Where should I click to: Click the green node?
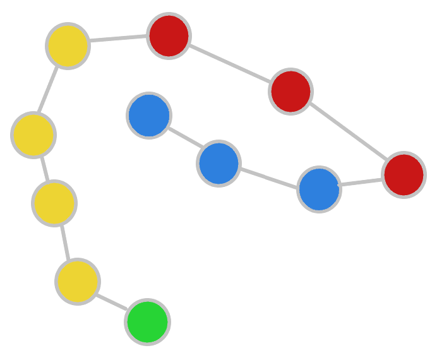tap(147, 322)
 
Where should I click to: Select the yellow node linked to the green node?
tap(77, 282)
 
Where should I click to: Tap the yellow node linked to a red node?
tap(68, 45)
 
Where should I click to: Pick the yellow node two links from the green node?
tap(54, 203)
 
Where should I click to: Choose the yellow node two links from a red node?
tap(33, 135)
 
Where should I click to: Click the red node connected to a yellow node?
tap(169, 36)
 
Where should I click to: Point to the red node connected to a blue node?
tap(404, 175)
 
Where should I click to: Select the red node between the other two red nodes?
tap(290, 92)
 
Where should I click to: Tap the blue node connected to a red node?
tap(319, 189)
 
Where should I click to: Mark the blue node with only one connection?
tap(149, 116)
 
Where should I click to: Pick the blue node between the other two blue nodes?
tap(218, 164)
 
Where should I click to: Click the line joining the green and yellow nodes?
tap(112, 302)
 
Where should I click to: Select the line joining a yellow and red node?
tap(118, 40)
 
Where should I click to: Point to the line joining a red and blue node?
tap(361, 183)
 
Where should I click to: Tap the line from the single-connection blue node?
tap(184, 140)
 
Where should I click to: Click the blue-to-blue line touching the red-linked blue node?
tap(268, 176)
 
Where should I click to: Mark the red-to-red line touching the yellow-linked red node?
tap(229, 64)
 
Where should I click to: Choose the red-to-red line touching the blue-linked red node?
tap(347, 133)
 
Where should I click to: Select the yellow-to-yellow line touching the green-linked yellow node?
tap(66, 242)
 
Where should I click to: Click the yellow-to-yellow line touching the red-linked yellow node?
tap(51, 90)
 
